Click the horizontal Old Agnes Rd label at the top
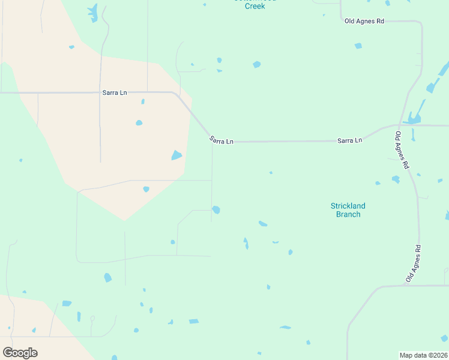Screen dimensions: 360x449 tap(364, 21)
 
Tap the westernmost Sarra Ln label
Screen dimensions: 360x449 tap(115, 92)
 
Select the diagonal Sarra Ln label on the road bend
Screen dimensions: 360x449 tap(221, 140)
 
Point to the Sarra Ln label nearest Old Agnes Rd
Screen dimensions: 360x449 tap(349, 140)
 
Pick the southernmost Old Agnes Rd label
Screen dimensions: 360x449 tap(414, 263)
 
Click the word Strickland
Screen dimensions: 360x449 tap(348, 206)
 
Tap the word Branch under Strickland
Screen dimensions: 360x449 tap(348, 214)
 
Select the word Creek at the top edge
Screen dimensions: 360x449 tap(255, 6)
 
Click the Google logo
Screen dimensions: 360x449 tap(20, 352)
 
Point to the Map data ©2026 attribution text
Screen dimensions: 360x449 tap(423, 355)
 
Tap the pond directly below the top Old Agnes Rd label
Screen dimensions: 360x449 tap(358, 46)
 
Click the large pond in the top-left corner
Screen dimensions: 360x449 tap(92, 12)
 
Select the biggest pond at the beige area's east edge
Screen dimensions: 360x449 tap(176, 155)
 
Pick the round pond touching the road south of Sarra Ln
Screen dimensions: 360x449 tap(216, 209)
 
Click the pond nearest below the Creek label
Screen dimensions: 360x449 tap(257, 64)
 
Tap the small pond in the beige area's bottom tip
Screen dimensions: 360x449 tap(146, 189)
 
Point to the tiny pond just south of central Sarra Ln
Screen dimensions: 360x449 tap(271, 173)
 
